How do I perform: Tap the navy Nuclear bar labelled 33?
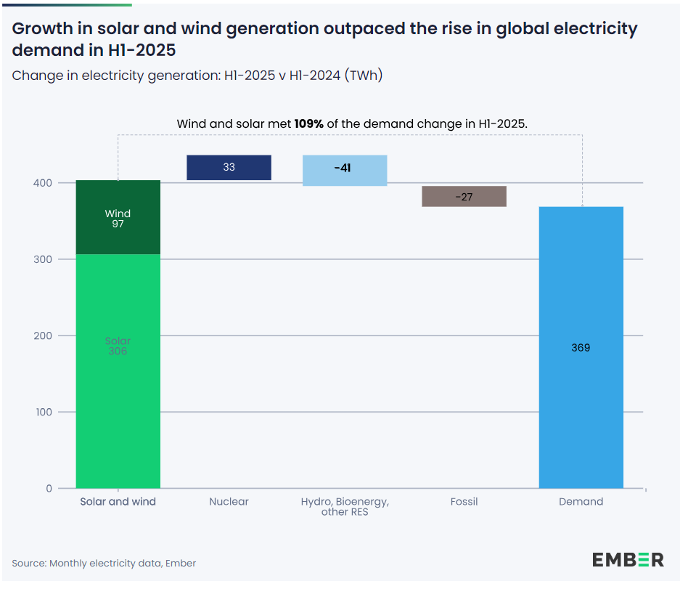tap(229, 168)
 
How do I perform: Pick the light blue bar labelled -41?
tap(344, 170)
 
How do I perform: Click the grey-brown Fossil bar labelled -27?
tap(464, 197)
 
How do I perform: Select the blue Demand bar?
tap(581, 407)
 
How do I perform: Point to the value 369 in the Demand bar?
tap(581, 348)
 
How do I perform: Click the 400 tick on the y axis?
tap(45, 183)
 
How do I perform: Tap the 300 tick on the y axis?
tap(45, 259)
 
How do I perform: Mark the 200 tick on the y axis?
tap(45, 336)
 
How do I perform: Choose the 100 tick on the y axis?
tap(45, 412)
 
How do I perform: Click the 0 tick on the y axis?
tap(49, 489)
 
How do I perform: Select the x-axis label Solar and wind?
tap(118, 502)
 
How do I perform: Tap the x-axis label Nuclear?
tap(229, 502)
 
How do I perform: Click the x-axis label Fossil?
tap(464, 502)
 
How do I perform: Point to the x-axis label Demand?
tap(581, 502)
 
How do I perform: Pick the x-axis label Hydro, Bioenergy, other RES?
tap(345, 507)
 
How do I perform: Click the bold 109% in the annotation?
tap(309, 124)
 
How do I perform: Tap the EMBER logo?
tap(628, 559)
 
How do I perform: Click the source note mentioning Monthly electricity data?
tap(104, 564)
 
